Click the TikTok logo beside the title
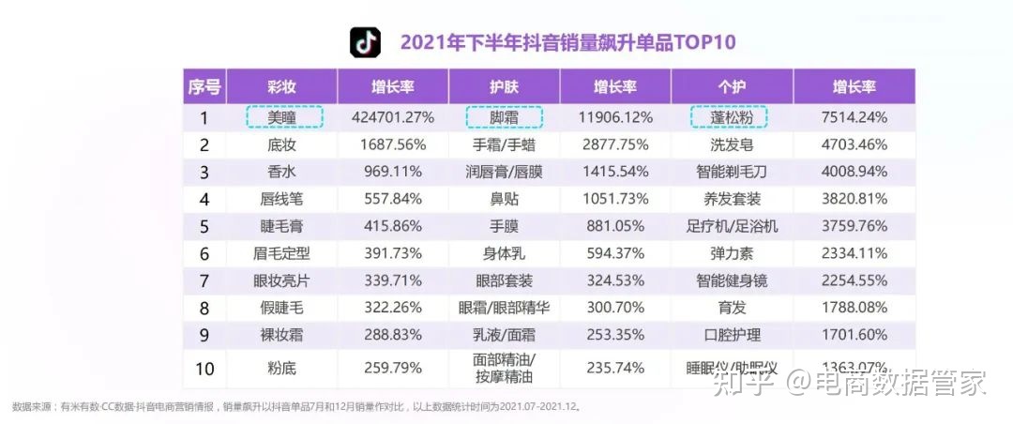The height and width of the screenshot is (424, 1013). pyautogui.click(x=366, y=42)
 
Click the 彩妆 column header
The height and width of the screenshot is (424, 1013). pyautogui.click(x=281, y=87)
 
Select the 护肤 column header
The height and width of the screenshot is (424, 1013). pyautogui.click(x=504, y=87)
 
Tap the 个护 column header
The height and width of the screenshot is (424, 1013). pyautogui.click(x=731, y=87)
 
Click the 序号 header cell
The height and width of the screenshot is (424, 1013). pyautogui.click(x=204, y=87)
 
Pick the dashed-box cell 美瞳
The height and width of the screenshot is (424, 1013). pyautogui.click(x=284, y=117)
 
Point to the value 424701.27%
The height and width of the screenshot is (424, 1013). pyautogui.click(x=393, y=117)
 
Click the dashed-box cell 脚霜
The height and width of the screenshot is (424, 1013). pyautogui.click(x=505, y=117)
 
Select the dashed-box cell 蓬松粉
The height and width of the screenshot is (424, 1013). pyautogui.click(x=730, y=117)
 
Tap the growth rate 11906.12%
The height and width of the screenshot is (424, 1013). pyautogui.click(x=615, y=117)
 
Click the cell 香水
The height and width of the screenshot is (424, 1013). pyautogui.click(x=281, y=172)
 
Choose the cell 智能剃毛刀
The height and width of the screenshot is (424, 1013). pyautogui.click(x=731, y=172)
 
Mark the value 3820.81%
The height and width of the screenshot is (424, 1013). pyautogui.click(x=853, y=199)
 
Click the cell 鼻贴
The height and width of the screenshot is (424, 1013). pyautogui.click(x=504, y=199)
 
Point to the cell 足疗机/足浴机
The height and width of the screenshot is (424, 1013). pyautogui.click(x=731, y=226)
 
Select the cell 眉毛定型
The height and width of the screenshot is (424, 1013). pyautogui.click(x=281, y=253)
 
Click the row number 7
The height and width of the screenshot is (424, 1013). pyautogui.click(x=204, y=280)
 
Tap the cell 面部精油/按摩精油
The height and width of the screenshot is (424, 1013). pyautogui.click(x=504, y=368)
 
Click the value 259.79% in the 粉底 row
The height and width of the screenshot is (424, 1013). pyautogui.click(x=393, y=368)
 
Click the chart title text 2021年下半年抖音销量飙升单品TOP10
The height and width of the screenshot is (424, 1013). pyautogui.click(x=567, y=42)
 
